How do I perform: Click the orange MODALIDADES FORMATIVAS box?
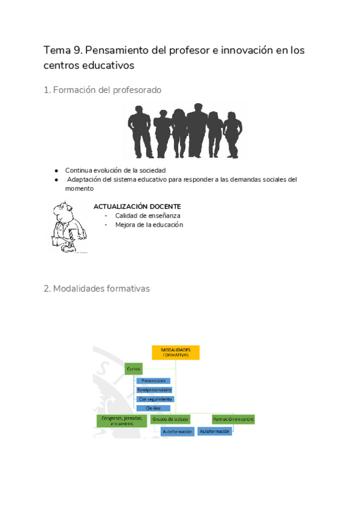click(175, 352)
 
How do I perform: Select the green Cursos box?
click(133, 369)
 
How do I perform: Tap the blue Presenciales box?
click(154, 381)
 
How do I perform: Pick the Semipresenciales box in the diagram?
click(154, 390)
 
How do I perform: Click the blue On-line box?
click(154, 408)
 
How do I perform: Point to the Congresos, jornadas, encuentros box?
click(121, 421)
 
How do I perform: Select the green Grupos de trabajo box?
click(170, 419)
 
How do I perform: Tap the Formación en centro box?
click(233, 419)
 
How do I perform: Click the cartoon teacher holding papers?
click(67, 227)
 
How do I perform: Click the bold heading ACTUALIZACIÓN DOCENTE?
click(137, 206)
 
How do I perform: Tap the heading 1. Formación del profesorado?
click(103, 90)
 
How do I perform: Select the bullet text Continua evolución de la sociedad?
click(115, 170)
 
